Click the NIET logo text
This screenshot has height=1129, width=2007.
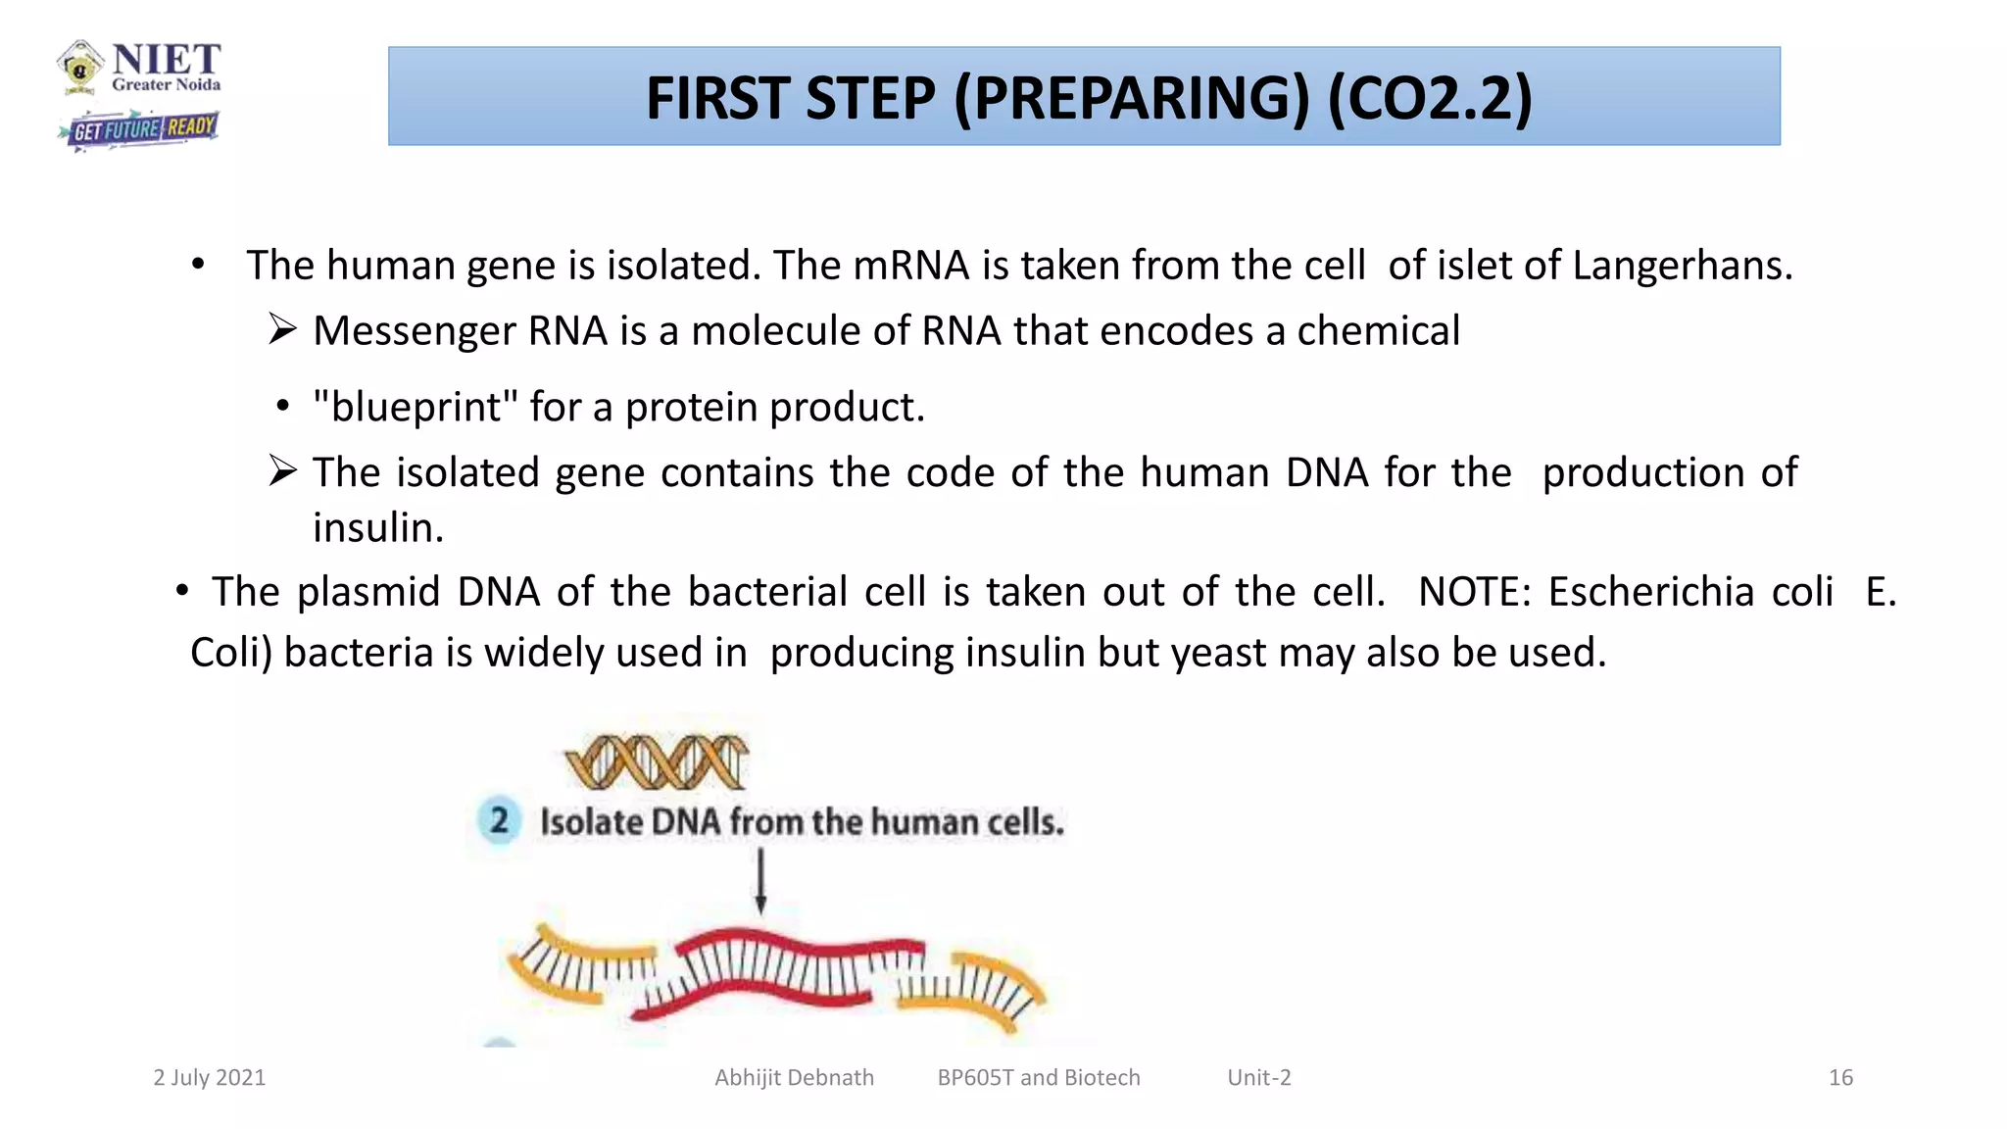tap(166, 61)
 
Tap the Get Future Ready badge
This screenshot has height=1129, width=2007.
tap(139, 129)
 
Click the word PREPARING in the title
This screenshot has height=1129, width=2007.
tap(1131, 98)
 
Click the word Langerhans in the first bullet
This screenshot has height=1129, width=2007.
tap(1682, 266)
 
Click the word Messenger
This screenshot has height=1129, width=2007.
tap(412, 331)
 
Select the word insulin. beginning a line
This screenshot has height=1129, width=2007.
tap(378, 528)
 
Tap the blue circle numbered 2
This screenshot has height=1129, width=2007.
tap(500, 819)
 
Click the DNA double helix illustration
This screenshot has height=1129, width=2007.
tap(656, 762)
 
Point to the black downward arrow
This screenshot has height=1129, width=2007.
tap(760, 880)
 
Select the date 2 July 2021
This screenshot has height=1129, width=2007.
tap(209, 1078)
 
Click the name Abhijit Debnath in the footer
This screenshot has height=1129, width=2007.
tap(794, 1078)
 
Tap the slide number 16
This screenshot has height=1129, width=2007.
tap(1840, 1078)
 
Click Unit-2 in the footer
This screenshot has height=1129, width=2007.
tap(1258, 1078)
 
